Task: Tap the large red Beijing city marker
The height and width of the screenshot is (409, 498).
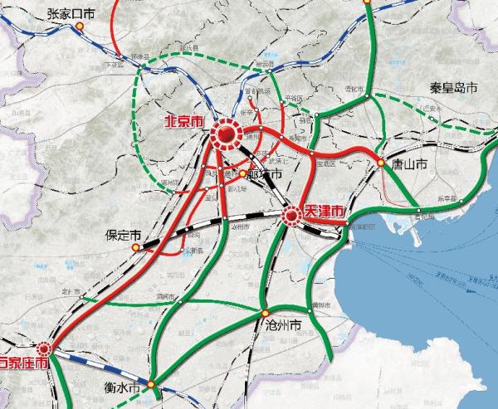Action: (225, 134)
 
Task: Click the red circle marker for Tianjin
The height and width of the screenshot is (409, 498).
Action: (291, 217)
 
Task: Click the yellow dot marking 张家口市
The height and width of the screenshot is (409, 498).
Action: (80, 26)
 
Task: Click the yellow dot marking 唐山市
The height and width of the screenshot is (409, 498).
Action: (381, 163)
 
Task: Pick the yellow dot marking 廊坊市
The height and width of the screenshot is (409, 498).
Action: (242, 174)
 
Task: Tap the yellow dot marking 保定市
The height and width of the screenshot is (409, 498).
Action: (136, 246)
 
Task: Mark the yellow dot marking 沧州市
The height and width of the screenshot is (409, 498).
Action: (265, 314)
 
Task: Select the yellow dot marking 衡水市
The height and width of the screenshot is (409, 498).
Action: (151, 384)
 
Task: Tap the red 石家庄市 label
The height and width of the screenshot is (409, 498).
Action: (24, 363)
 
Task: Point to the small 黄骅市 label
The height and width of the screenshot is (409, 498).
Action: (315, 306)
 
